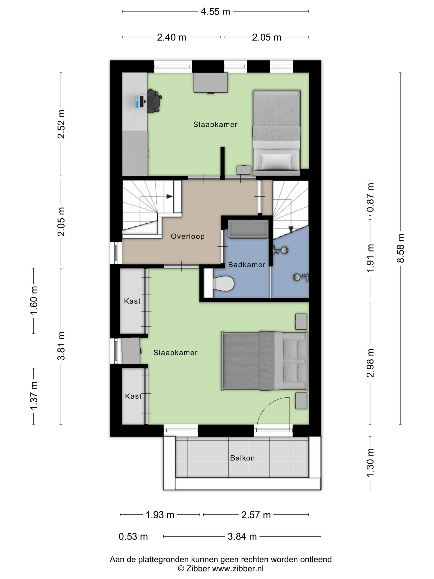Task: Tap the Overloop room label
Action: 188,236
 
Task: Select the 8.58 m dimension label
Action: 401,248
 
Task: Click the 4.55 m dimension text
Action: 215,12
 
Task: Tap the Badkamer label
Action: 247,265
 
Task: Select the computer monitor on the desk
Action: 139,102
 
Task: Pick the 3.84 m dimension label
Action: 242,536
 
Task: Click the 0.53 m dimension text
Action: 133,536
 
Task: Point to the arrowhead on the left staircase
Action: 170,196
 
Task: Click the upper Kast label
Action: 132,301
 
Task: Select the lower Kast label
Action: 133,396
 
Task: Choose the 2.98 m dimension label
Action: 370,363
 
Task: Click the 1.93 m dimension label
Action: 160,515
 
